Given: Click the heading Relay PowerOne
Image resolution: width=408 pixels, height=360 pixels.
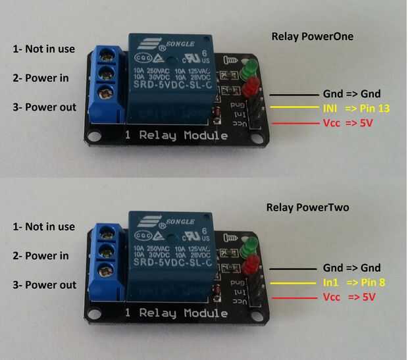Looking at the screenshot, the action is coord(313,37).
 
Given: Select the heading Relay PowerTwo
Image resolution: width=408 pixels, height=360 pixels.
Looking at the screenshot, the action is coord(308,208).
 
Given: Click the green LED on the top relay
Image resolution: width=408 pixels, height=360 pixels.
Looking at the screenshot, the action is coord(249,68).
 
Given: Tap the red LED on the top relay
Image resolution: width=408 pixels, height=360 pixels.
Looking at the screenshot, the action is coord(250,88).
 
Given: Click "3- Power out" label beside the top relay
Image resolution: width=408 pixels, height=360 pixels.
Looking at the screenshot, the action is coord(43,107).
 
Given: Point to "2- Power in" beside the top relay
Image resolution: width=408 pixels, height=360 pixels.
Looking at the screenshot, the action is coord(40,78).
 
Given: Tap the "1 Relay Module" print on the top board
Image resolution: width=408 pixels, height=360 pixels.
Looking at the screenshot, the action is coord(177,136).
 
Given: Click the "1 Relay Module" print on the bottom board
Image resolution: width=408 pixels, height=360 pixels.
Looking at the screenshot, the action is coord(176,312).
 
